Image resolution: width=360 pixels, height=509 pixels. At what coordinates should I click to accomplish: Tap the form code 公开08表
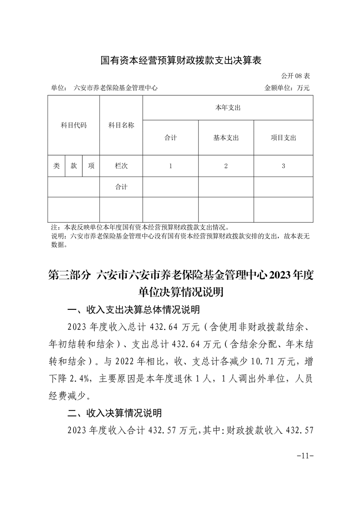(295, 75)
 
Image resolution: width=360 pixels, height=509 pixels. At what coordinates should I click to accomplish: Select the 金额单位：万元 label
(287, 88)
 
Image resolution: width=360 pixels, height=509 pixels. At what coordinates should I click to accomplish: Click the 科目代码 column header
(73, 125)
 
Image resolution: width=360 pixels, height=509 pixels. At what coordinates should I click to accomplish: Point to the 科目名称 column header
(121, 125)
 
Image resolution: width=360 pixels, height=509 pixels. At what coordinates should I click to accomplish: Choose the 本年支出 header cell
(228, 108)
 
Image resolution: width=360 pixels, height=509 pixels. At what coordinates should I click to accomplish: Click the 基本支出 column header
(226, 138)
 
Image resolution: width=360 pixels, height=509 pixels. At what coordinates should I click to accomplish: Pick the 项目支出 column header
(283, 138)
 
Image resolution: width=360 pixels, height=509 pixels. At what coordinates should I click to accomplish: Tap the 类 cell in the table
(56, 166)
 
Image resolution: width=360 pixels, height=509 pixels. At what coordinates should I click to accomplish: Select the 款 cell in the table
(73, 166)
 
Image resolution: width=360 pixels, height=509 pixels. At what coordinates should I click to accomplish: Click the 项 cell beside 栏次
(91, 166)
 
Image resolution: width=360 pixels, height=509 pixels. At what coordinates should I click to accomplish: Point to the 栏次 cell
(121, 166)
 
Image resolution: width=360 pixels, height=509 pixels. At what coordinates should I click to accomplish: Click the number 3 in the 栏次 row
(283, 166)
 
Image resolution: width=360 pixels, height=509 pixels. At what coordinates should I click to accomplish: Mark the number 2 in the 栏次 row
(226, 166)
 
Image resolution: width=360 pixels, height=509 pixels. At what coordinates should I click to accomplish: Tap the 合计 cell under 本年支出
(170, 138)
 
